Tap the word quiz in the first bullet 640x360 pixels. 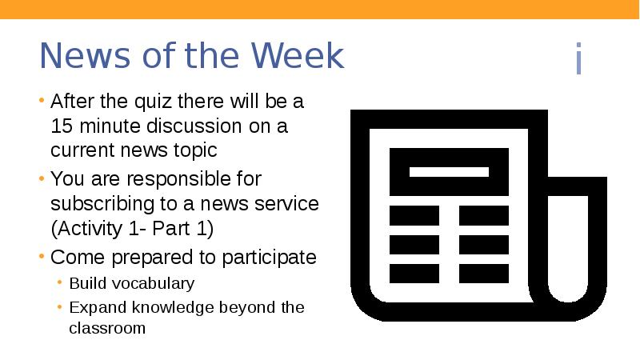coord(147,102)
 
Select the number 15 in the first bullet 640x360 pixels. coord(61,126)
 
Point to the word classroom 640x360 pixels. coord(107,327)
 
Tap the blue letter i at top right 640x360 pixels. coord(578,60)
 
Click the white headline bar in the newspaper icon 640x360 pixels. coord(449,172)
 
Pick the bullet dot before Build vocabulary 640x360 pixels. coord(62,283)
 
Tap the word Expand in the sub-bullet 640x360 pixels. coord(93,307)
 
